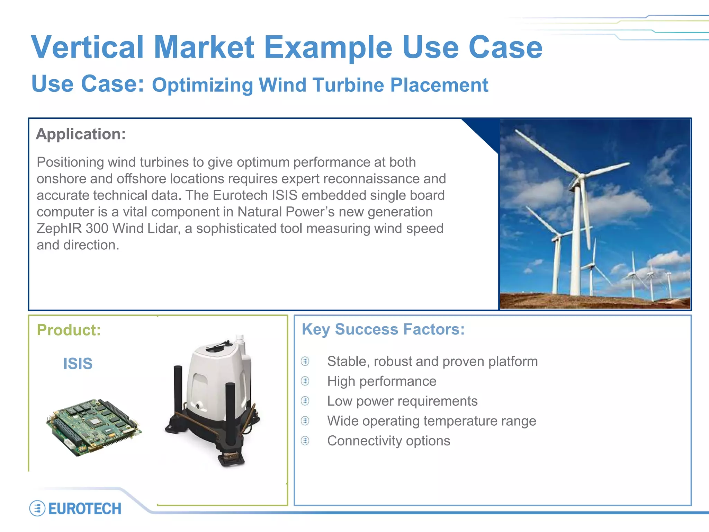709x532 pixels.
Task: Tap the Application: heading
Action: point(81,134)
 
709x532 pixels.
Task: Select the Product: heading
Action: point(69,330)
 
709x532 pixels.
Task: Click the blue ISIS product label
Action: point(78,364)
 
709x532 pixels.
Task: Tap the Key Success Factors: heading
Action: point(383,329)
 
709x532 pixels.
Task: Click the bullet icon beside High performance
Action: point(305,381)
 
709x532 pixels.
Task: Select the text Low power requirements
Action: point(402,401)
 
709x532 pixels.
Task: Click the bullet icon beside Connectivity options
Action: point(305,441)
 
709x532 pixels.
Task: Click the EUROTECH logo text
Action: point(85,509)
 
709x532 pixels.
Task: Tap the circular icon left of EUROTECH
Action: point(37,508)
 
